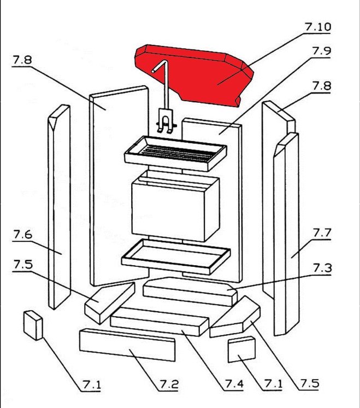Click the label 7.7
pos(322,233)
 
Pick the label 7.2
pos(169,384)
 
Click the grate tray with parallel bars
pos(174,150)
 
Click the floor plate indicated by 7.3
pos(189,290)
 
